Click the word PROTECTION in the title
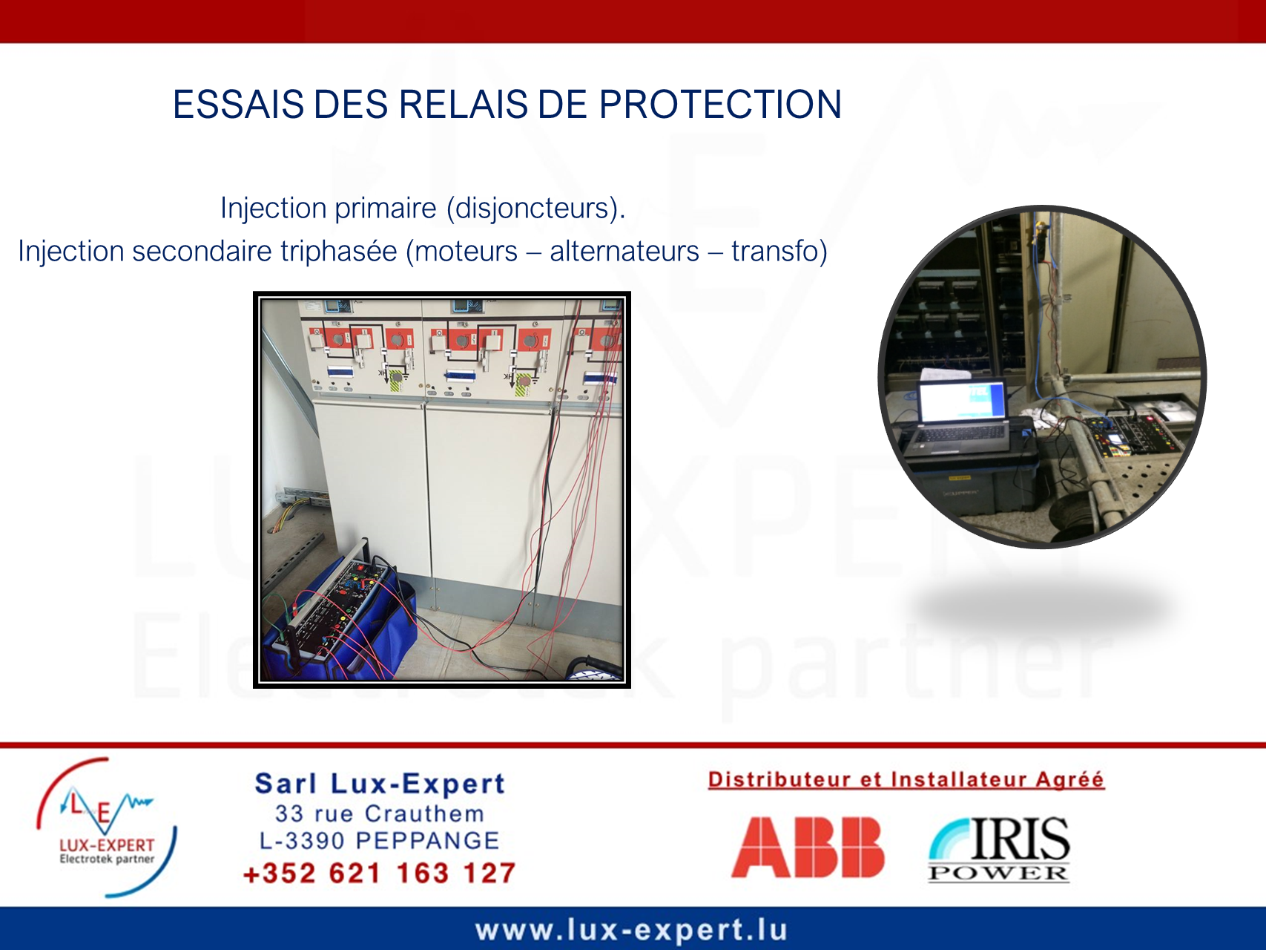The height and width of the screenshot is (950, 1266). pos(720,105)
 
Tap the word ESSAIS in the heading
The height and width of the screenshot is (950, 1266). pos(238,105)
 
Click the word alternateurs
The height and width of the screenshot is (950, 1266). pos(624,252)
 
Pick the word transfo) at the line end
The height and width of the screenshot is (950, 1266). pos(779,252)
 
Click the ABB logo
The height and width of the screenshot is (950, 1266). pos(808,847)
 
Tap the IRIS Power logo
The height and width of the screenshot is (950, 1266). pos(999,849)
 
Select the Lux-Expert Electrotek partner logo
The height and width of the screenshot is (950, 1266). pos(107,828)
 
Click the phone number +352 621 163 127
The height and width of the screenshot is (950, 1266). pos(379,873)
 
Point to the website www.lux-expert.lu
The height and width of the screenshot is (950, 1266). pos(631,930)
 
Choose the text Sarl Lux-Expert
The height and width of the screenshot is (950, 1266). pos(380,784)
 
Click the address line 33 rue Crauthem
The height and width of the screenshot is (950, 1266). pos(379,813)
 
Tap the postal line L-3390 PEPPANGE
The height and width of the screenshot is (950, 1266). pos(379,841)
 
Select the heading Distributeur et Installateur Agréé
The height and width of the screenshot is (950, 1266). pos(906,779)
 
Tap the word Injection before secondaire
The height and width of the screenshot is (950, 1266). pos(71,252)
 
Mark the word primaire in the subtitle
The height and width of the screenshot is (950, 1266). pos(386,209)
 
